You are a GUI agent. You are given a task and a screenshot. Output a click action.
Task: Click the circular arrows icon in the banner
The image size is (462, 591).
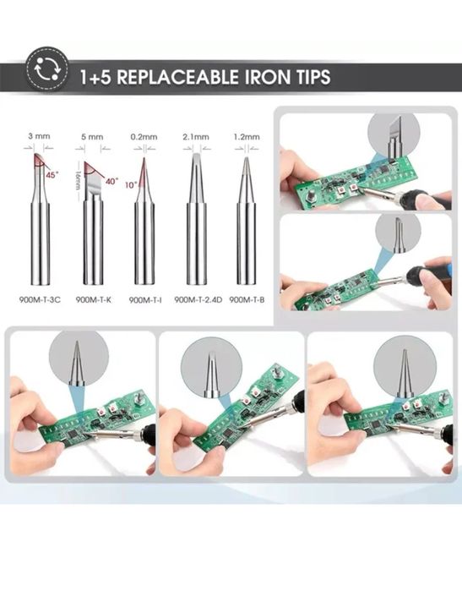(47, 69)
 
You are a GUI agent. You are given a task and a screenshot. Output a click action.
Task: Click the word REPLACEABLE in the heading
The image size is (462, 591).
(177, 77)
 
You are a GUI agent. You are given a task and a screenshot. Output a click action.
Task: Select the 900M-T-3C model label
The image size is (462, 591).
(40, 300)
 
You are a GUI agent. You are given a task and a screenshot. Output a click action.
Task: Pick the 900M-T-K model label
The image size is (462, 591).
(94, 300)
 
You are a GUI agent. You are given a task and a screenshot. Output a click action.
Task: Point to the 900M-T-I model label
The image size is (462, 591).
(145, 300)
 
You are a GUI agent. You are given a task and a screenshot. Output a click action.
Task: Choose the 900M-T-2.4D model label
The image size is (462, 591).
(198, 300)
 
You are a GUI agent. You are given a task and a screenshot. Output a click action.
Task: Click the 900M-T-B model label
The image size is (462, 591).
(247, 300)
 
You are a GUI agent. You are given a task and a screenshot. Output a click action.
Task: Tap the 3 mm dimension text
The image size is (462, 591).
(39, 136)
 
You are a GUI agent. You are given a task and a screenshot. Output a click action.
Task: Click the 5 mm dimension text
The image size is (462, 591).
(92, 137)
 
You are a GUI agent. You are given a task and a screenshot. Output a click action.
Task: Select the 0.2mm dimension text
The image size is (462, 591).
(144, 137)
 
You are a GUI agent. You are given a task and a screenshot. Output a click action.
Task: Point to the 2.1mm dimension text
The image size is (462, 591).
(196, 137)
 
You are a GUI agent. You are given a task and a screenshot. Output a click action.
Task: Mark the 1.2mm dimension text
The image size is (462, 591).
(247, 137)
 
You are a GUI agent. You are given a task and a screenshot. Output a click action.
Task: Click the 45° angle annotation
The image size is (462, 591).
(52, 175)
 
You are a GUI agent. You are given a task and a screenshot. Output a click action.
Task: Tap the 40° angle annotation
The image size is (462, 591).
(111, 181)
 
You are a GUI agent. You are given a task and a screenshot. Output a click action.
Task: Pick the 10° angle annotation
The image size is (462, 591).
(132, 185)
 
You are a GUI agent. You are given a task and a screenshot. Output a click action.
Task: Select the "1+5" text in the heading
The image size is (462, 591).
(95, 77)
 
